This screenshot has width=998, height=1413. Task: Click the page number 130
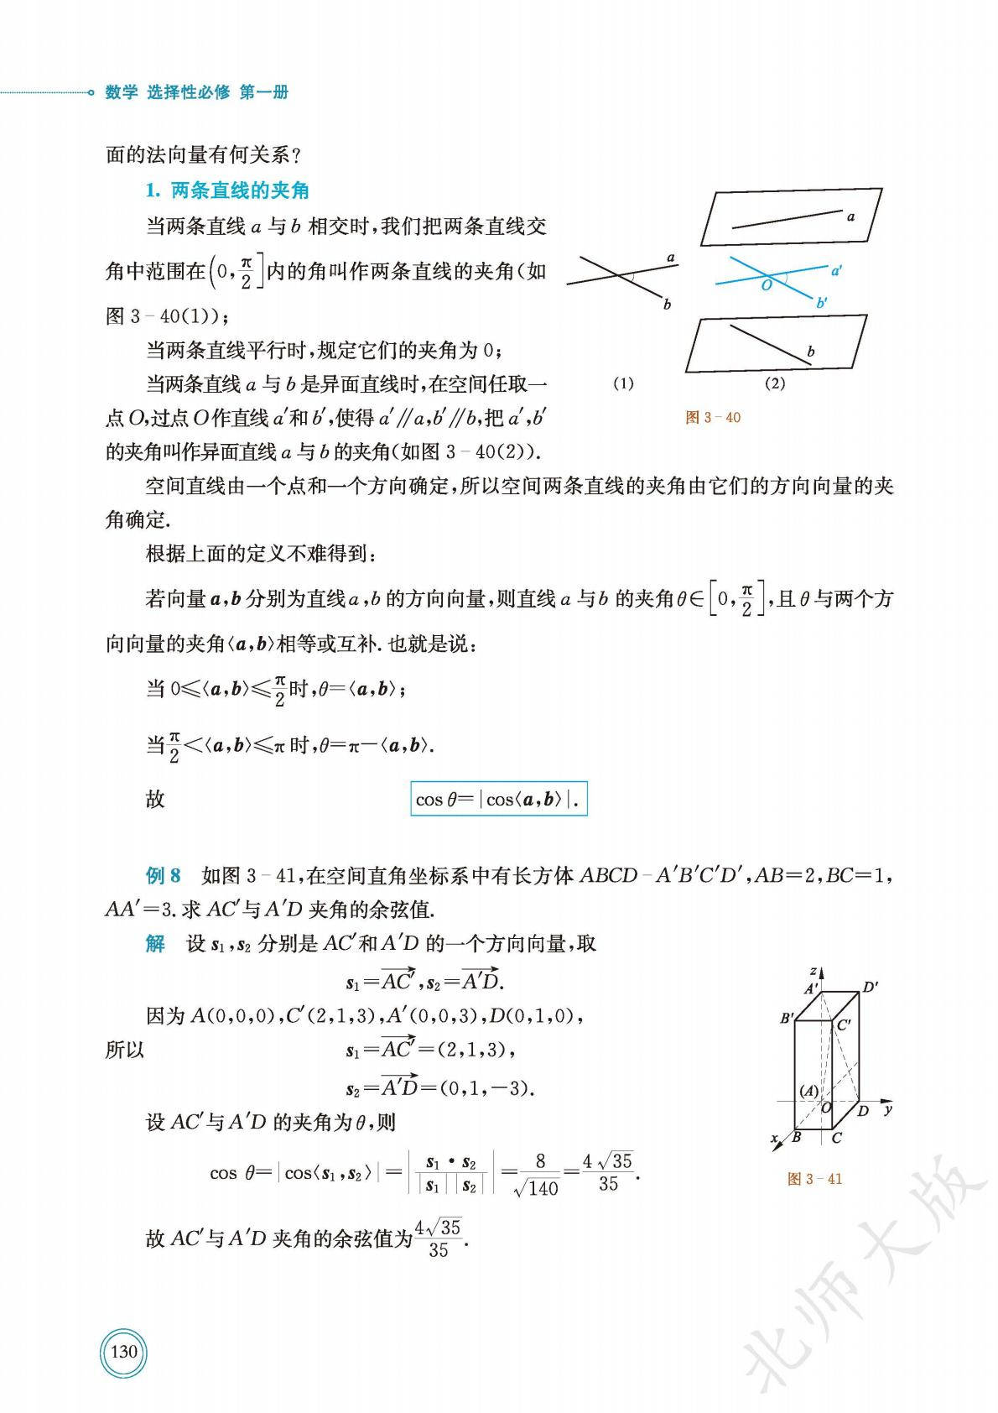(x=123, y=1352)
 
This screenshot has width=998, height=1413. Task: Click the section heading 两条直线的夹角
(x=240, y=190)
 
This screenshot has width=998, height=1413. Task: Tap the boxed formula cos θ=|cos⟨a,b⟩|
(x=499, y=799)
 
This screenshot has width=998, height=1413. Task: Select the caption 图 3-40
(x=713, y=417)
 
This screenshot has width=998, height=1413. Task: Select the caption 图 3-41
(x=815, y=1179)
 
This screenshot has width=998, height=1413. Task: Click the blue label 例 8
(x=163, y=876)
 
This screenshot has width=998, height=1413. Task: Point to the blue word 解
(x=155, y=943)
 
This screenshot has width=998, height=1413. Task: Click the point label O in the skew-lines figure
(x=766, y=286)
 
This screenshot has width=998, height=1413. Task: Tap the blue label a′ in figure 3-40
(x=836, y=270)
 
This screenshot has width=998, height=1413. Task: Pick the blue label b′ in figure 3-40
(x=822, y=304)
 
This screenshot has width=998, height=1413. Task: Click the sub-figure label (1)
(x=623, y=384)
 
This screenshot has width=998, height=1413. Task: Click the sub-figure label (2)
(x=775, y=384)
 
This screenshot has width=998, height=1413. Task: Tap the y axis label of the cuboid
(x=888, y=1110)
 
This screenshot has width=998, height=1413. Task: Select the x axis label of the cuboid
(x=774, y=1139)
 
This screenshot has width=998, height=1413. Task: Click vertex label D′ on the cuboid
(x=871, y=987)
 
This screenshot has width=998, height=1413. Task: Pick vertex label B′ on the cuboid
(x=787, y=1019)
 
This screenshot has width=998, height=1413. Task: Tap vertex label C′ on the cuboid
(x=844, y=1025)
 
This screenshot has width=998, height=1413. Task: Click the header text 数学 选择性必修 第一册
(x=197, y=93)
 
